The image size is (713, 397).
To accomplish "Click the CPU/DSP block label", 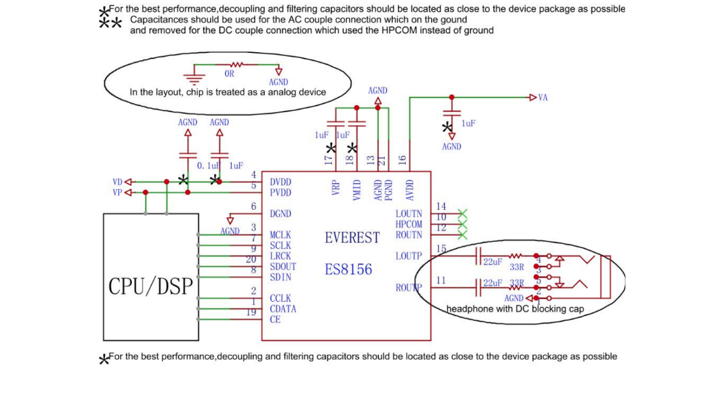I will pos(151,286).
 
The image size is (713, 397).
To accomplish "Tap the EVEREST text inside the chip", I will pos(352,237).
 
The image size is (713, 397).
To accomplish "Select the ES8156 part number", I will pos(348,269).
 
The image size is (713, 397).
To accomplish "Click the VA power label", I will pos(543,98).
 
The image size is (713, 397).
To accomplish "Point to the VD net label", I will pos(117,182).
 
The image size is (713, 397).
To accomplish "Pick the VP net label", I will pos(117,192).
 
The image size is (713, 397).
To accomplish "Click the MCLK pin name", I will pos(281,235).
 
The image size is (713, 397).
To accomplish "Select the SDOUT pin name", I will pos(283,267).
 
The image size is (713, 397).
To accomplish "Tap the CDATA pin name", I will pos(283,309).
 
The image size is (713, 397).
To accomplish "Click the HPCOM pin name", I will pos(409,224).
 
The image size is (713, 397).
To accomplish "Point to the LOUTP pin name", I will pos(409,256).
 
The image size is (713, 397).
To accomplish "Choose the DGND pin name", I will pos(281,214).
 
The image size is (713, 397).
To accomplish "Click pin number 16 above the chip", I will pos(402,159).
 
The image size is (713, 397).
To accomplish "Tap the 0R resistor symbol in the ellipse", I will pos(236,65).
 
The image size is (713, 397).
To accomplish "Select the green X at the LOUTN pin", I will pos(463,213).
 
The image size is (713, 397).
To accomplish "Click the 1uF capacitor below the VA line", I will pos(451,115).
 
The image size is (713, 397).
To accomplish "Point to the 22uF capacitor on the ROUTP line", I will pos(479,285).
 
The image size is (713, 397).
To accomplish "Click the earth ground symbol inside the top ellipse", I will pos(193,78).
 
